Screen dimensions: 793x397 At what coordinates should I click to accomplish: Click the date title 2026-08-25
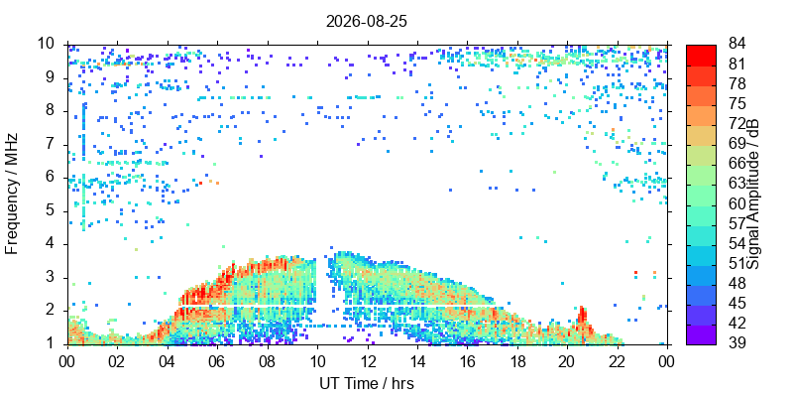tap(366, 21)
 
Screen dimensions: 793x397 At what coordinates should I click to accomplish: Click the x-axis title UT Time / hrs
tap(367, 383)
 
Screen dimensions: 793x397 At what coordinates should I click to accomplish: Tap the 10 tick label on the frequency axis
tap(50, 44)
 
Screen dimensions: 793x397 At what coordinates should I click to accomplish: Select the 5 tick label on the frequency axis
tap(56, 211)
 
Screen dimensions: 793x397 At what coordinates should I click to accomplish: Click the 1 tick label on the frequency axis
tap(56, 344)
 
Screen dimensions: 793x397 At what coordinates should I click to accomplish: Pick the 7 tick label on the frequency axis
tap(56, 145)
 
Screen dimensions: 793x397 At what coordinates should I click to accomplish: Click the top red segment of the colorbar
tap(701, 56)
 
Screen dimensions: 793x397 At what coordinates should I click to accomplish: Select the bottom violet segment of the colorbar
tap(701, 334)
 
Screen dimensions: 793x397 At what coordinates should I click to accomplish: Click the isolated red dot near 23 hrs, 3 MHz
tap(635, 272)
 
